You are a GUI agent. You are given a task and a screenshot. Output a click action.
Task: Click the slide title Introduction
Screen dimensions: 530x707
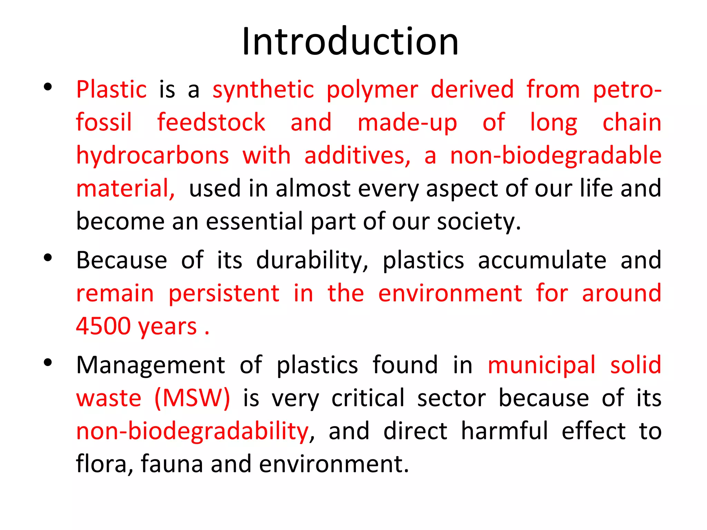(350, 42)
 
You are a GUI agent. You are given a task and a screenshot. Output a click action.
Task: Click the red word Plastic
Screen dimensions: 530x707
(112, 90)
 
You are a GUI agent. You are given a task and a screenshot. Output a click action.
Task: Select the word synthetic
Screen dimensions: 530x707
(263, 90)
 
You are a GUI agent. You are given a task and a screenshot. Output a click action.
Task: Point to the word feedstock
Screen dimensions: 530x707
(211, 122)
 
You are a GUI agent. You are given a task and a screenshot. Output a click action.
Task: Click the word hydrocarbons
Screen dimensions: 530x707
(152, 156)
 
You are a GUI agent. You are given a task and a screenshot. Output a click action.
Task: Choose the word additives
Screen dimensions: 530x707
(357, 156)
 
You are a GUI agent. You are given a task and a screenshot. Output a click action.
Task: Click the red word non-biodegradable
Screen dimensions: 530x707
(556, 156)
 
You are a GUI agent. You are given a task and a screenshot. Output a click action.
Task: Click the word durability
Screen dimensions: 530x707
(312, 261)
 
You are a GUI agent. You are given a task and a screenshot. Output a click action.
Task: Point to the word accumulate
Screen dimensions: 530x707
(542, 261)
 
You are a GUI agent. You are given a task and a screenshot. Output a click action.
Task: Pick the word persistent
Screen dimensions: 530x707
(224, 294)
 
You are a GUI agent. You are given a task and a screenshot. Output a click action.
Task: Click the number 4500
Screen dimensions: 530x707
(103, 326)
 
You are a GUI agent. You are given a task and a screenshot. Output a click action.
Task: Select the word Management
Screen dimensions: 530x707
(151, 365)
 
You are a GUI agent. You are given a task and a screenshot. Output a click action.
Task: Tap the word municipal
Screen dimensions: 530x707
(542, 365)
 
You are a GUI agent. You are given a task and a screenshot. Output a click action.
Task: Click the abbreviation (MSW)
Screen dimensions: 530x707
(192, 399)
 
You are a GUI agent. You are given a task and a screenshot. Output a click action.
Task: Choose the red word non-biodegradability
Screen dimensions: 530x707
(192, 431)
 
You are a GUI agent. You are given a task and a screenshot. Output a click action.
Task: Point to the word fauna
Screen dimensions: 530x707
(172, 464)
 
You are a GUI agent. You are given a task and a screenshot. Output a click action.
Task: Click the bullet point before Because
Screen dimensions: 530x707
(48, 258)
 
